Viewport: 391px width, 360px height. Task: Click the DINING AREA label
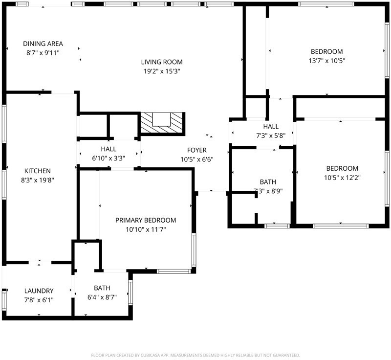[43, 44]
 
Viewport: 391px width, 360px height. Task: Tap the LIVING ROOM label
[162, 62]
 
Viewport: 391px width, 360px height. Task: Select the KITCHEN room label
[38, 171]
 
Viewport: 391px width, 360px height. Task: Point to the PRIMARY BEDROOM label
[146, 220]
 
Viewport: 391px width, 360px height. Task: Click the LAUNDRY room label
[39, 291]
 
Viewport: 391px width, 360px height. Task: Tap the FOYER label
[197, 150]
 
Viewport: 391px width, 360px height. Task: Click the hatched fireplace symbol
[162, 123]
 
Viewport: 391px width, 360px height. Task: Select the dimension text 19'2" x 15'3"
[162, 71]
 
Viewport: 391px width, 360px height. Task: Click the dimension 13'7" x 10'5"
[327, 61]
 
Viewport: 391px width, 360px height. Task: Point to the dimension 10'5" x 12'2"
[343, 178]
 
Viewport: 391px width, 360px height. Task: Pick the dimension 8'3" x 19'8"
[38, 180]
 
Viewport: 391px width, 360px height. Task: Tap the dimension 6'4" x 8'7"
[102, 297]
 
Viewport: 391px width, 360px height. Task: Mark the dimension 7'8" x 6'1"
[39, 300]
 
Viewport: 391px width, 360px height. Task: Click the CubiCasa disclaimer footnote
[195, 355]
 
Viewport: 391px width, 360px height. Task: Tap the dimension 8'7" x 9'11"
[43, 53]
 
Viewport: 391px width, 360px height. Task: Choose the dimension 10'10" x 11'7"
[146, 229]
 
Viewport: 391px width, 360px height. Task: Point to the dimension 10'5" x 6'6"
[197, 159]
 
